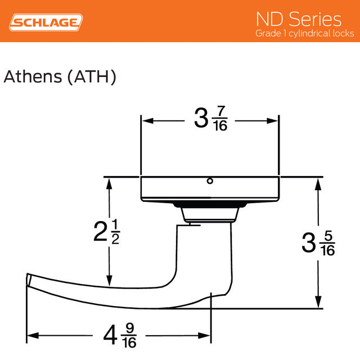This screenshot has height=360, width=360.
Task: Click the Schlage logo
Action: coord(47,22)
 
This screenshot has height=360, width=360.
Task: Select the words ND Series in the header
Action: coord(298,19)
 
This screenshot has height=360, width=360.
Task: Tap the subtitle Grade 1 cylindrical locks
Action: coord(304,34)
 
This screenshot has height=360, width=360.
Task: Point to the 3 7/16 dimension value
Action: coord(210,119)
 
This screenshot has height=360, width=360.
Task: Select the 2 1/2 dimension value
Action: coord(107,231)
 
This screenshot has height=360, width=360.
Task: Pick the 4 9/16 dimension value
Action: coord(119,335)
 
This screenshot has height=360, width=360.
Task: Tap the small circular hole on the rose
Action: coord(210,181)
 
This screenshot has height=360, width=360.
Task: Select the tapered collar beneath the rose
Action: coord(209,212)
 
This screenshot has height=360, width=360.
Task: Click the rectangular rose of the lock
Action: coord(209,188)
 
